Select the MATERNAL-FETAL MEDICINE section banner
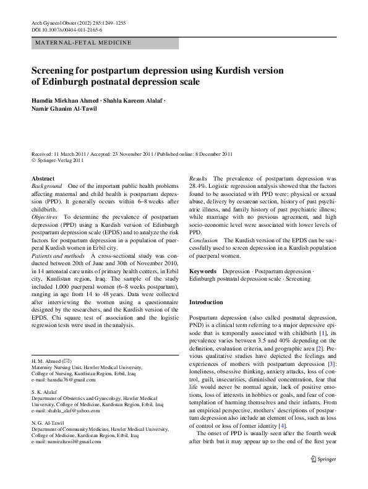tap(83, 43)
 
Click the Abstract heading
tap(43, 178)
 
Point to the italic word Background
tap(47, 185)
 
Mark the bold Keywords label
tap(202, 271)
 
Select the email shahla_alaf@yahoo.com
tap(69, 410)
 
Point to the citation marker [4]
tap(282, 427)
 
